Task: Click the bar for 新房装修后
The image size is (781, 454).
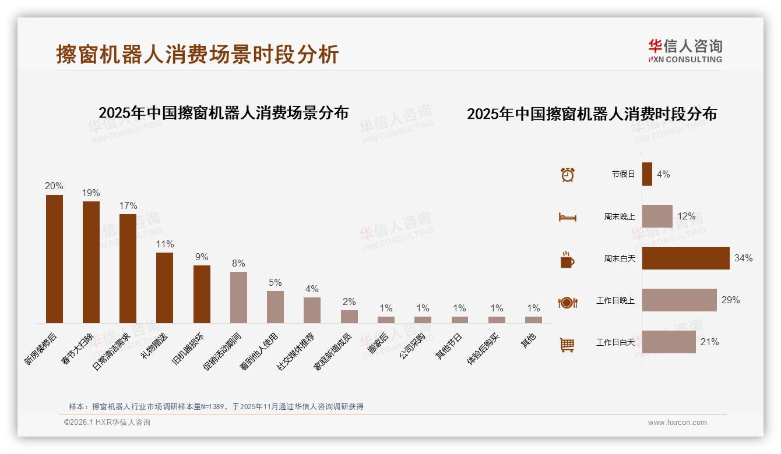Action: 54,259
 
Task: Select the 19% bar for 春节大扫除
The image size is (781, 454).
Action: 91,262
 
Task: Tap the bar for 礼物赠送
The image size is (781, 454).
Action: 164,288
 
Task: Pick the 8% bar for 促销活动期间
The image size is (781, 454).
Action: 238,297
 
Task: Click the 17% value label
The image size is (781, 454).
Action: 128,205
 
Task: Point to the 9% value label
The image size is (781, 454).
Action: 202,257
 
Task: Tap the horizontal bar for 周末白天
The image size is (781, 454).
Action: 685,258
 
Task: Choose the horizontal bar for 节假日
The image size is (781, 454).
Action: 647,174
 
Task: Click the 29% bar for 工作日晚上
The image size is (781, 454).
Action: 679,300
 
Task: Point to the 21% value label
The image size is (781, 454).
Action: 709,342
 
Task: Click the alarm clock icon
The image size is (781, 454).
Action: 567,174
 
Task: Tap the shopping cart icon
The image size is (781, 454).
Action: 567,345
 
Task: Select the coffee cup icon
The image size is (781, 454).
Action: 567,260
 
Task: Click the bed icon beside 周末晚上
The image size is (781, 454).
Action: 567,217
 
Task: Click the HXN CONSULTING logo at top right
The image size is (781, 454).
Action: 685,51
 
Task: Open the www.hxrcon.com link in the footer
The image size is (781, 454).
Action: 677,423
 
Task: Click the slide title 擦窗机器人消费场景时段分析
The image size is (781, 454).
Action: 198,54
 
